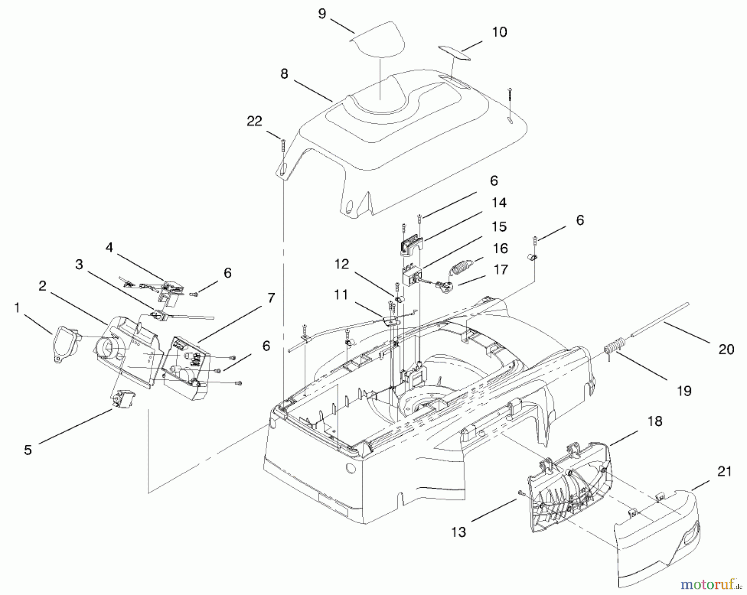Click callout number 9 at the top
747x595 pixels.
click(x=322, y=14)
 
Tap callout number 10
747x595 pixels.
click(x=499, y=32)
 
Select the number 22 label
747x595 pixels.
click(x=254, y=121)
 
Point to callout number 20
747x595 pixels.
click(x=726, y=349)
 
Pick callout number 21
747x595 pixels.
click(x=724, y=471)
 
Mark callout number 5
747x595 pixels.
click(x=28, y=450)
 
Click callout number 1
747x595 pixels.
click(x=17, y=307)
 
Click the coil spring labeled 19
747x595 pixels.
click(x=613, y=345)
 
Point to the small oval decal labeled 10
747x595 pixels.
click(x=455, y=54)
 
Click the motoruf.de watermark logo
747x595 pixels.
click(x=711, y=584)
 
